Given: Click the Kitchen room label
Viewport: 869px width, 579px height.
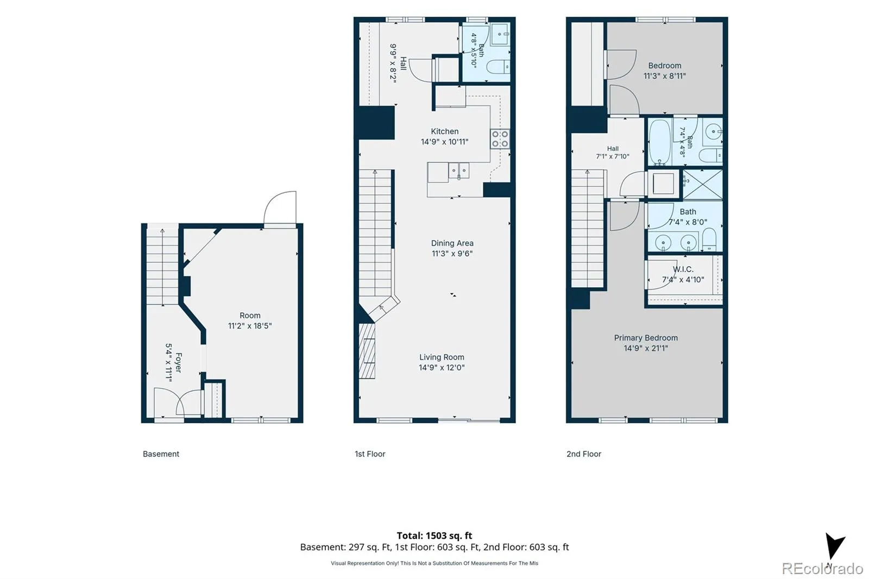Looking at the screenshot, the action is pos(445,131).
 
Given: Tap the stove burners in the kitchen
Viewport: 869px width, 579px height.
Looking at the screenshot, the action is pos(500,139).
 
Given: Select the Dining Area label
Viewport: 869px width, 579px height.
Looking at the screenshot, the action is pos(452,243).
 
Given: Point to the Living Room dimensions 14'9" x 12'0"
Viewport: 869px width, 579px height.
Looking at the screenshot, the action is pos(442,368).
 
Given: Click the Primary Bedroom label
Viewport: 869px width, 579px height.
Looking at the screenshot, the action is pos(646,338).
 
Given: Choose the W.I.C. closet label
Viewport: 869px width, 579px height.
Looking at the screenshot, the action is pos(683,269).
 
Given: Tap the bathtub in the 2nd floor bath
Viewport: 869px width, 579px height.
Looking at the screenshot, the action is pos(660,142).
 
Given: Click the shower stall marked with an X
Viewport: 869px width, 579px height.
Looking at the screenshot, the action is pos(703,185).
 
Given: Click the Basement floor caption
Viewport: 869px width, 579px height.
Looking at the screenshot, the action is pos(161,454).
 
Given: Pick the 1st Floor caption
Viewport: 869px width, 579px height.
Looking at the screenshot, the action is pos(370,454).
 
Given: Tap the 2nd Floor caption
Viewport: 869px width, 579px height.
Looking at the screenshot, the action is pos(584,454).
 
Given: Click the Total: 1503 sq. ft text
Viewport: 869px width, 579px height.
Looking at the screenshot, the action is pos(434,536).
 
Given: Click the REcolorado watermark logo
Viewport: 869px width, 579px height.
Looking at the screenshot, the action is pos(822,569).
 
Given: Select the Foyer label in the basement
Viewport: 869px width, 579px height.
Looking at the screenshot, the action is pos(179,362).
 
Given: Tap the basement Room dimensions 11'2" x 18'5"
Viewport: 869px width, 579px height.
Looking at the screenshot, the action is pos(250,326).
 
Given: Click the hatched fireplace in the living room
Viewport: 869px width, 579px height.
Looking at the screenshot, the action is pos(367,351).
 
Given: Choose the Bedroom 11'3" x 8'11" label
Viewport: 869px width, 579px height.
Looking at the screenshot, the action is pos(665,71).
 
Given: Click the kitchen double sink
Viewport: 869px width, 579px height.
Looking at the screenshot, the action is pos(459,171).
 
